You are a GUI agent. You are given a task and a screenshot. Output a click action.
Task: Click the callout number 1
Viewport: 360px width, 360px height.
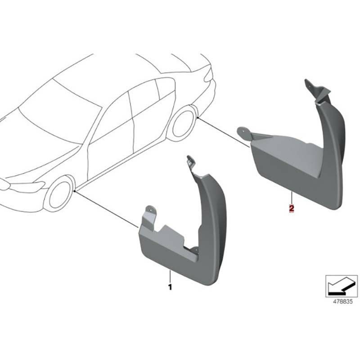170,287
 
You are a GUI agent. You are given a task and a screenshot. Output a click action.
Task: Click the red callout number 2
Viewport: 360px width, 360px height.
292,209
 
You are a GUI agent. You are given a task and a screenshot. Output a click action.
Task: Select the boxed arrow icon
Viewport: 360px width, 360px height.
342,286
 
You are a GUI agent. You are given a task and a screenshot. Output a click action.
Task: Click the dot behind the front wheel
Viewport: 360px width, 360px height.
75,191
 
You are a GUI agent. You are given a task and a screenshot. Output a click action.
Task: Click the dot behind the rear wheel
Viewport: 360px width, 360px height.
198,117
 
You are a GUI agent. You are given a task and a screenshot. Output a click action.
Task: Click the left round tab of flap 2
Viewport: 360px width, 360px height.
244,133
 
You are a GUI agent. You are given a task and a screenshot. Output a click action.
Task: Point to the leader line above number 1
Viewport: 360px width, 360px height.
170,277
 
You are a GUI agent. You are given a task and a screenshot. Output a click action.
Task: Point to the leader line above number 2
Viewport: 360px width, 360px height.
292,198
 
